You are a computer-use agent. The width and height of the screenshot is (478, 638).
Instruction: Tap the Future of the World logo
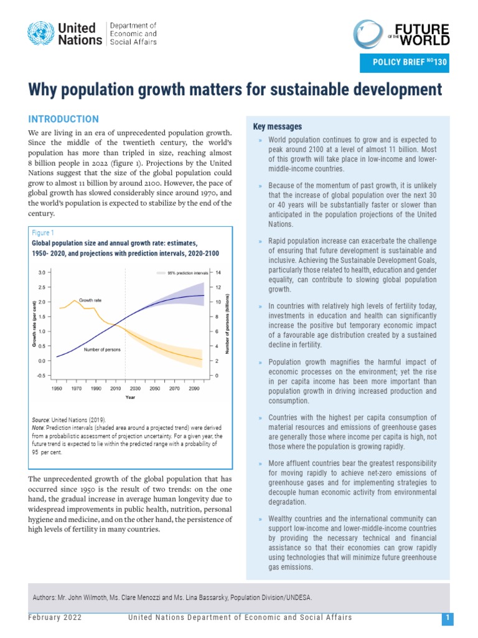pyautogui.click(x=401, y=34)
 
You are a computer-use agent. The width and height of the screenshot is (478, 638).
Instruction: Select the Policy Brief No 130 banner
pyautogui.click(x=410, y=62)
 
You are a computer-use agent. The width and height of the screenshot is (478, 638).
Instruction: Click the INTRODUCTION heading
pyautogui.click(x=63, y=119)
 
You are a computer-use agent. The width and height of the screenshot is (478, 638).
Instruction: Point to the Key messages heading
pyautogui.click(x=278, y=126)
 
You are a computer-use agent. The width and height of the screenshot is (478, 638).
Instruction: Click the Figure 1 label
pyautogui.click(x=42, y=233)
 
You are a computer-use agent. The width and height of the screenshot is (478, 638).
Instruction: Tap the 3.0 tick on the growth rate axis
pyautogui.click(x=41, y=273)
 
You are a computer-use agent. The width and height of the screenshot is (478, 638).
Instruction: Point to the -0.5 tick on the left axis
pyautogui.click(x=41, y=376)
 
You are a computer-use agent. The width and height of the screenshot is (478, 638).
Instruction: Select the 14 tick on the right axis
pyautogui.click(x=219, y=273)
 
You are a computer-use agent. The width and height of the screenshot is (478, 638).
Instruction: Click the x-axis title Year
pyautogui.click(x=130, y=397)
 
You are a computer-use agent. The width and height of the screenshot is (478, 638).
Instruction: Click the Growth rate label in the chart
pyautogui.click(x=90, y=300)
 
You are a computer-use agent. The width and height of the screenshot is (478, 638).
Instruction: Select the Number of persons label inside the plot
pyautogui.click(x=101, y=350)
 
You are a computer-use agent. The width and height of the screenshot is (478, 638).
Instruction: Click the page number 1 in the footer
pyautogui.click(x=446, y=618)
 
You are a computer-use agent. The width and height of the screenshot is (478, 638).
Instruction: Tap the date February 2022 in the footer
pyautogui.click(x=55, y=617)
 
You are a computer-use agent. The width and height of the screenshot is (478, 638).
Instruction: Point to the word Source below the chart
pyautogui.click(x=40, y=421)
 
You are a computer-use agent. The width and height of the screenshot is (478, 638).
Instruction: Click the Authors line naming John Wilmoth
pyautogui.click(x=172, y=598)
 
